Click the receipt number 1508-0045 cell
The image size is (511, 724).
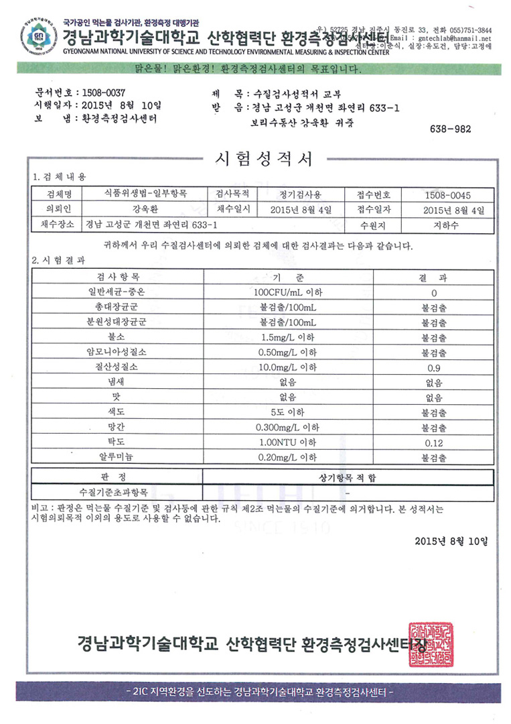[x=447, y=195]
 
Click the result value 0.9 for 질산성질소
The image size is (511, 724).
[x=433, y=368]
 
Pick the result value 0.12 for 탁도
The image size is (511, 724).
[x=433, y=442]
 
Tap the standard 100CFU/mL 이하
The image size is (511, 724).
[x=287, y=293]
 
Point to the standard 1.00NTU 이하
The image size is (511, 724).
[x=287, y=442]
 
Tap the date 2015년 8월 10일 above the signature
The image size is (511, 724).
[x=451, y=540]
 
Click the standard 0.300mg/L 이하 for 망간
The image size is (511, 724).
[x=287, y=428]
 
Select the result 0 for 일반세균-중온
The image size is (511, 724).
[x=433, y=293]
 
